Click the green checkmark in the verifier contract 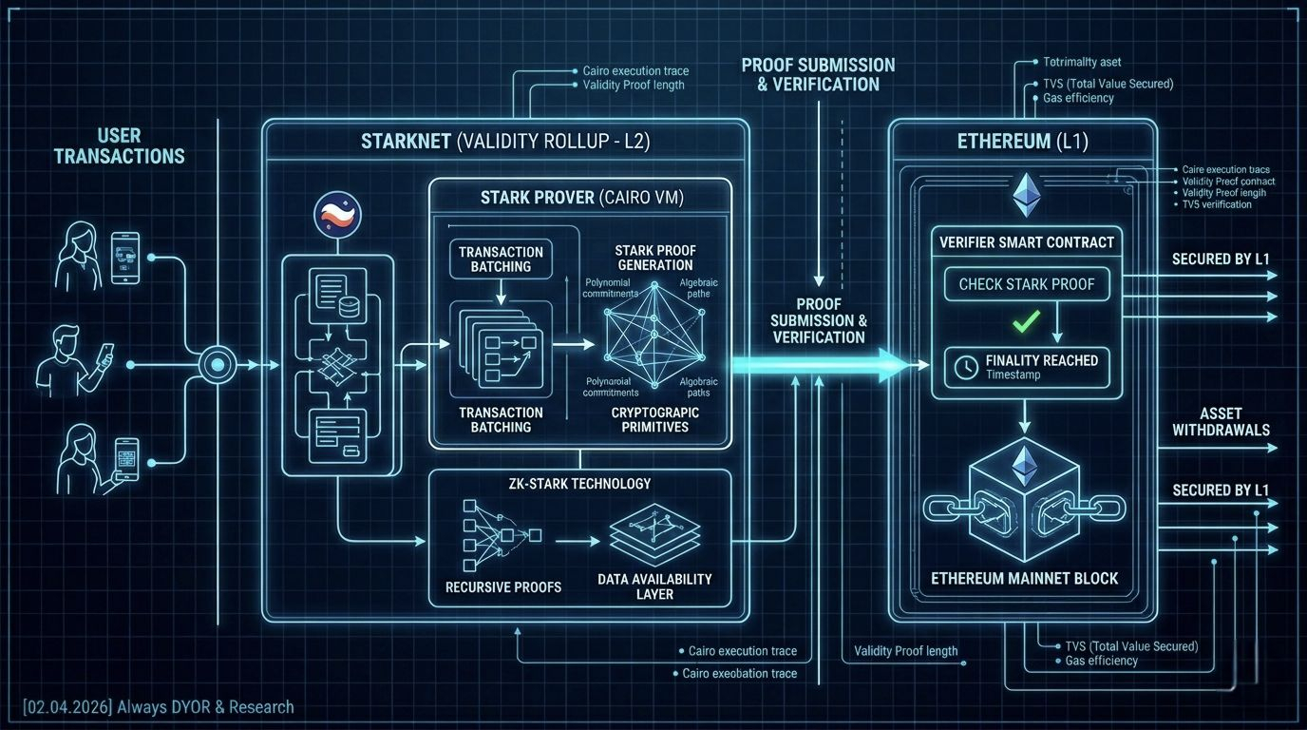coord(1025,321)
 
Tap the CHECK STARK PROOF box coord(1026,283)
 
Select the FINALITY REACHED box coord(1026,367)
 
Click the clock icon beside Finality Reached coord(964,367)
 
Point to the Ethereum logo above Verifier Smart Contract coord(1026,195)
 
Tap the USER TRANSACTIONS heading coord(120,146)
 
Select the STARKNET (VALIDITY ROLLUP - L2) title coord(503,142)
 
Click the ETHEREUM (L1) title coord(1024,142)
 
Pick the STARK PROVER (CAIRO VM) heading coord(581,198)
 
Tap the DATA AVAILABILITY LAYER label coord(654,586)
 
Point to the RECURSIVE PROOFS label coord(503,587)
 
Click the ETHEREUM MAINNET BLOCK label coord(1024,578)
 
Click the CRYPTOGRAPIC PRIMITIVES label coord(655,419)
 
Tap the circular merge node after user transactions coord(217,364)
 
